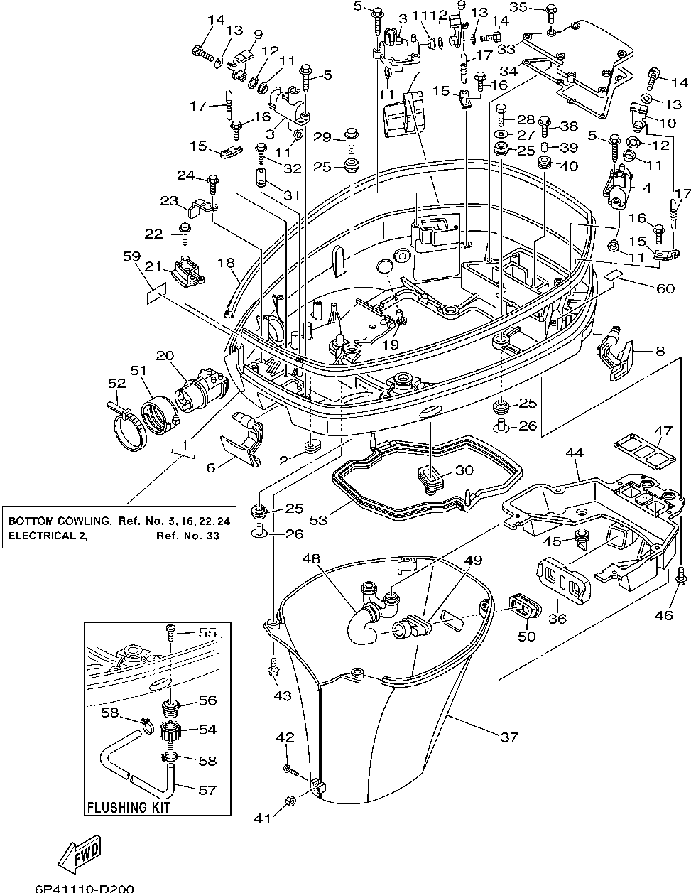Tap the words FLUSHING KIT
(x=129, y=807)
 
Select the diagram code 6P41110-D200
(x=83, y=887)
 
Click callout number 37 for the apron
(x=509, y=737)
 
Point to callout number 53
(x=319, y=520)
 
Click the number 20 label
(x=165, y=355)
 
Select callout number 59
(x=131, y=259)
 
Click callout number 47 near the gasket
(x=663, y=431)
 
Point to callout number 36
(x=557, y=618)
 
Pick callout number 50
(x=526, y=637)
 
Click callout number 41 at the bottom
(x=263, y=818)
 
